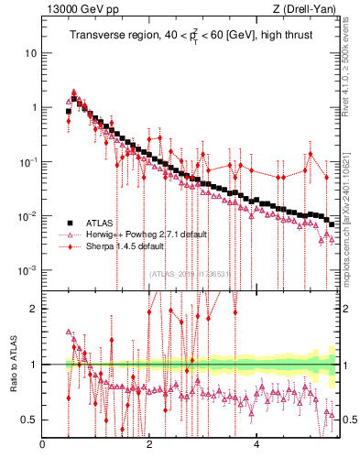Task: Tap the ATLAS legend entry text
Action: pyautogui.click(x=102, y=223)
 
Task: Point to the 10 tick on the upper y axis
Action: pyautogui.click(x=30, y=52)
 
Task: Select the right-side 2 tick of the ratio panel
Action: pyautogui.click(x=349, y=309)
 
